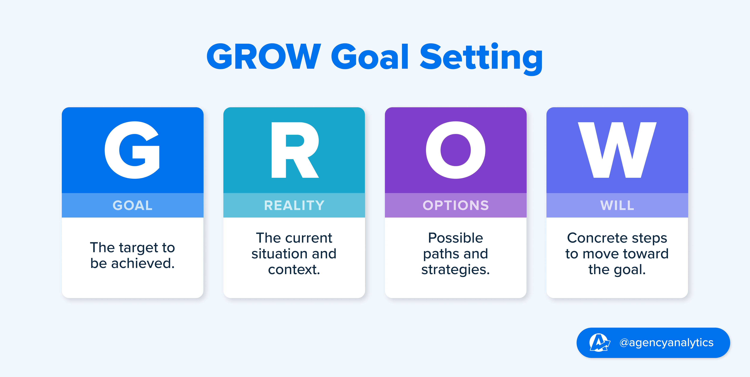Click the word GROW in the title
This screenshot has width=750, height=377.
[x=264, y=57]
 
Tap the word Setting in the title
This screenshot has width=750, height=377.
[x=481, y=57]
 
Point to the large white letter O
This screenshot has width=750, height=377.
[x=456, y=150]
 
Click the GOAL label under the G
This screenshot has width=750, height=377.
[x=132, y=205]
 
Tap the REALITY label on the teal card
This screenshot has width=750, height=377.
[x=294, y=205]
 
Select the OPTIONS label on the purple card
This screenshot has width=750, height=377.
[x=456, y=205]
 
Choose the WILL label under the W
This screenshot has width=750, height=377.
[x=617, y=205]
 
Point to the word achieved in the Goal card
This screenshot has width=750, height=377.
[x=143, y=263]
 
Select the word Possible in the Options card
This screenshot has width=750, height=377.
[x=456, y=238]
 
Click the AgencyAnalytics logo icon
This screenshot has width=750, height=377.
[x=599, y=343]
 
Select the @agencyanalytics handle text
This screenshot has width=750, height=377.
[x=666, y=343]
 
